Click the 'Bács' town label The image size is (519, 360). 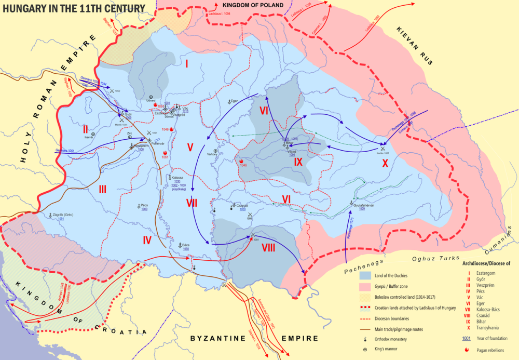(x=185, y=244)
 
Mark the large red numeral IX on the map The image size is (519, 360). (x=298, y=162)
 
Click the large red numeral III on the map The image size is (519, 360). (x=102, y=189)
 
